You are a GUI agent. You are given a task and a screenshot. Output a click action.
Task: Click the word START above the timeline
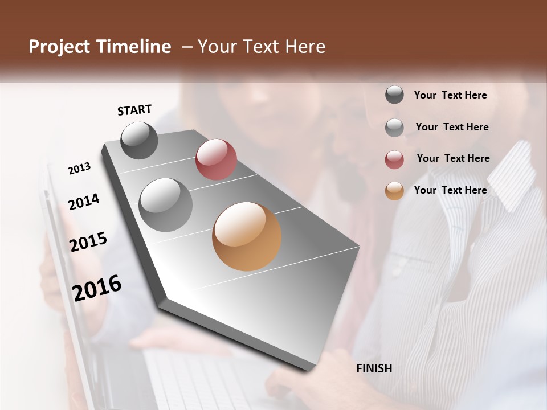tap(134, 110)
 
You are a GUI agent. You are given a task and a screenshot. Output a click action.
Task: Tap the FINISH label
tap(374, 368)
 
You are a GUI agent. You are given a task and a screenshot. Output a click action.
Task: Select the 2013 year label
tap(79, 169)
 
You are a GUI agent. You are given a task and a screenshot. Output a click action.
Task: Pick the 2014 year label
tap(83, 202)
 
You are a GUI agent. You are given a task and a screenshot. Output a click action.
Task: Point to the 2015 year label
tap(88, 242)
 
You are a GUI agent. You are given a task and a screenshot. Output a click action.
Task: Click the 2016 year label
tap(97, 288)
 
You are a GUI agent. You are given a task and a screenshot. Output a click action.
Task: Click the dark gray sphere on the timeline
tap(139, 140)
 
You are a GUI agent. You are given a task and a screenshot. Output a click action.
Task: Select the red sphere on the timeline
tap(216, 159)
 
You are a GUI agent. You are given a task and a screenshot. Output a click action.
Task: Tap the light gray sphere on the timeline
tap(166, 205)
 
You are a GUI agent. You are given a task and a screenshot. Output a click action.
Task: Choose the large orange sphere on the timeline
tap(247, 236)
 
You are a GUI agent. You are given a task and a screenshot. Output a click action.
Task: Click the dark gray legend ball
tap(394, 95)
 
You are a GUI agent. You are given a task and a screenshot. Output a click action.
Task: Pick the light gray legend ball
tap(394, 128)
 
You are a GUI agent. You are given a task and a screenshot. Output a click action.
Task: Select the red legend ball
tap(394, 159)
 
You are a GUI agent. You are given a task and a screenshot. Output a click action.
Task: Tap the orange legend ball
tap(394, 191)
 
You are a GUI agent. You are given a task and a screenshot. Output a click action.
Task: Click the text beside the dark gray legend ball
tap(450, 96)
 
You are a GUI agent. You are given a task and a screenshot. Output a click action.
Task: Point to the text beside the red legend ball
tap(453, 158)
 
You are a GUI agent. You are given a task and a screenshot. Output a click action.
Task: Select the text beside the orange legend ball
tap(450, 190)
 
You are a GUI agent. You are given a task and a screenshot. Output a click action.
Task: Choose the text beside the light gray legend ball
tap(452, 127)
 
